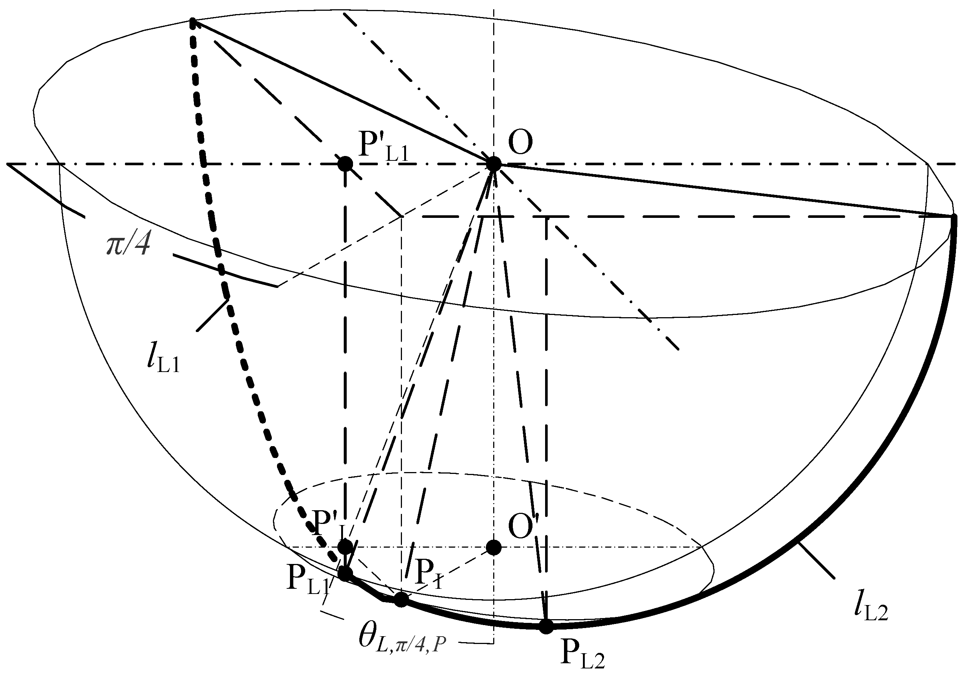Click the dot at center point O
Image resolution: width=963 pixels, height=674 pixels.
point(494,164)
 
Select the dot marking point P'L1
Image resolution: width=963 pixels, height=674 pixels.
point(345,164)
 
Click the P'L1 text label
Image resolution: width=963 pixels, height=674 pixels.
point(383,147)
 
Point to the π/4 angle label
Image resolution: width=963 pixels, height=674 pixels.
point(128,245)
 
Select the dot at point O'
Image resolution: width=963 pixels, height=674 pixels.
point(494,547)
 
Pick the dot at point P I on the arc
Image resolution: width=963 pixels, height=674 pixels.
point(401,600)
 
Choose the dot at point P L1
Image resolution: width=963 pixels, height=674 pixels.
point(345,573)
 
